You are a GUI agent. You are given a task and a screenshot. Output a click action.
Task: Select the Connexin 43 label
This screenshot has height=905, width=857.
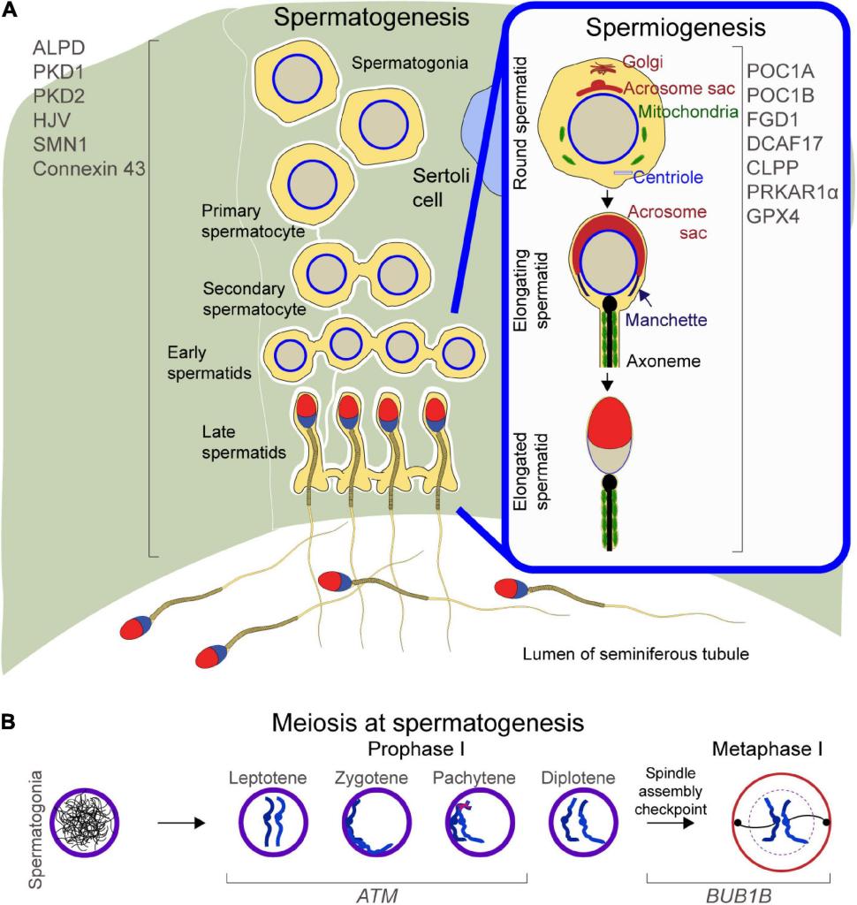click(88, 167)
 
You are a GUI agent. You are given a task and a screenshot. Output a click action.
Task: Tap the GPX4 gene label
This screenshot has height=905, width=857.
click(771, 215)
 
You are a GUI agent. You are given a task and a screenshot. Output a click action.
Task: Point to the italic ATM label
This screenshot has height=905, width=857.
click(376, 891)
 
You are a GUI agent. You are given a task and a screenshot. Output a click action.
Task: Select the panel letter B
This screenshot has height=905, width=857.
click(9, 721)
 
